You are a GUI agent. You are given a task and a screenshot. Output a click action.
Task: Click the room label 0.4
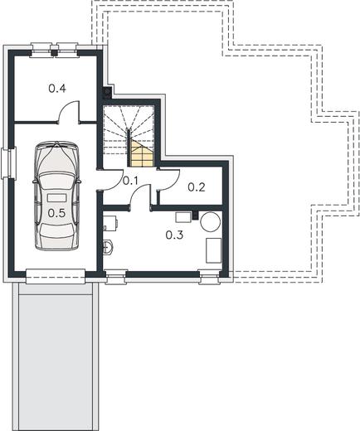coord(57,89)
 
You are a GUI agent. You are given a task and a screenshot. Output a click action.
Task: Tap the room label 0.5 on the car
coord(56,213)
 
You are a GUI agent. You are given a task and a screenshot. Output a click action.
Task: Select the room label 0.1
coord(130,181)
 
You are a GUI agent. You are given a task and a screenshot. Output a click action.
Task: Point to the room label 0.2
coord(197,187)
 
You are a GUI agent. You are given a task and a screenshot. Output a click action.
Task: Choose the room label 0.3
coord(174,235)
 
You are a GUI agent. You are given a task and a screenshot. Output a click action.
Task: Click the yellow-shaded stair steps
coord(143,155)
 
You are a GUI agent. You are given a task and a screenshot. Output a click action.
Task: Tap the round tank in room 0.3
coord(211,221)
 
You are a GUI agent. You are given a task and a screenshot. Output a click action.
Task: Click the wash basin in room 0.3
coord(108,247)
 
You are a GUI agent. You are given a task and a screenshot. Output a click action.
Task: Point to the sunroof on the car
coord(57,198)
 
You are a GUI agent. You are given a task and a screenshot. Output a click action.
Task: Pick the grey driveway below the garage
coord(55,356)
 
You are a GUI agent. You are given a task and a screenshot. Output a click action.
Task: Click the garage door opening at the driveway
coord(56,276)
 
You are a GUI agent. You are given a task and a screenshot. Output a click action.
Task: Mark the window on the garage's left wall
coord(8,163)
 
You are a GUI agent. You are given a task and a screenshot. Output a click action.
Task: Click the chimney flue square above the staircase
coord(106,93)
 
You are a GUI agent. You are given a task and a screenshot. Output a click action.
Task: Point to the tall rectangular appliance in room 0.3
coord(213,250)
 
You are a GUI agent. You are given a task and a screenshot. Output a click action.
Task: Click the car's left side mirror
coord(34,182)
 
